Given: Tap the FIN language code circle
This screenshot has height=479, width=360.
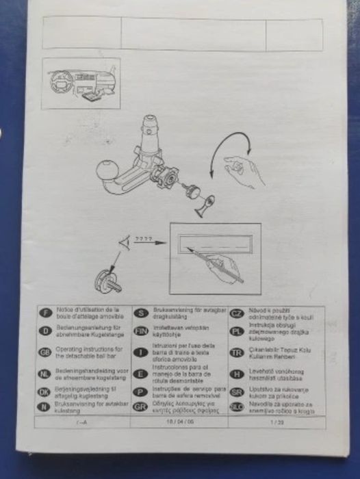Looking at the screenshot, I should (142, 331).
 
